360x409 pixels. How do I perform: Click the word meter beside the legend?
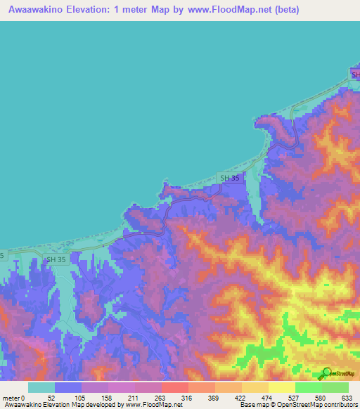pos(11,398)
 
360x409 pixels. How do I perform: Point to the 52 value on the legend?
pos(55,398)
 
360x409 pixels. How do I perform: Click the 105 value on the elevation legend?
pos(82,398)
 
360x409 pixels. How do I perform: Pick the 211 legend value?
pos(135,398)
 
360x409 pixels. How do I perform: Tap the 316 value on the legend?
pos(188,398)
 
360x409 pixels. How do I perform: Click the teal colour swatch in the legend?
pos(41,387)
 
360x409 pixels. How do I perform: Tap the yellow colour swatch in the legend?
pos(281,387)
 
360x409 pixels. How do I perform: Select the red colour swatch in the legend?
pos(174,387)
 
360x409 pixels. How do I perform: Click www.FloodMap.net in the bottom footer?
pos(150,405)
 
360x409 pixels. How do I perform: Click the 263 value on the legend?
pos(162,398)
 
